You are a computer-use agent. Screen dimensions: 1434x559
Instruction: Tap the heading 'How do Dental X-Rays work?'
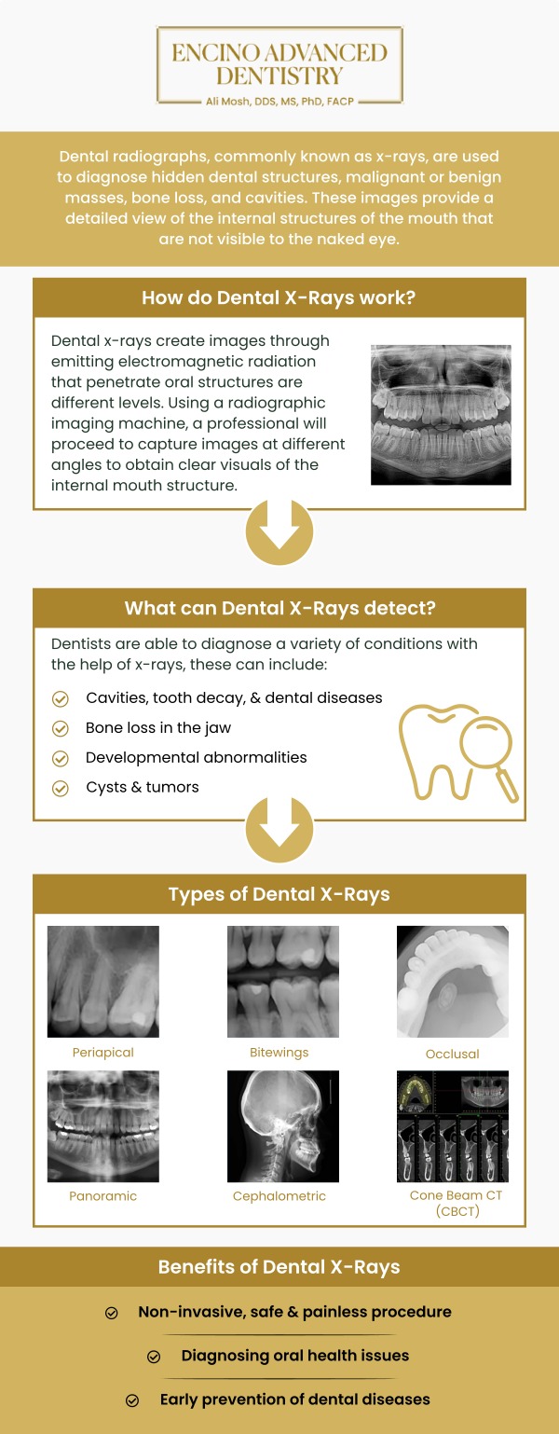[x=279, y=298]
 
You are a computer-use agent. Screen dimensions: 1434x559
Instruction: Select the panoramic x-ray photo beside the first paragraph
[x=441, y=414]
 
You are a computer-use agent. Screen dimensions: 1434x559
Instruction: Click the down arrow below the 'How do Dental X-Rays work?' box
[x=279, y=533]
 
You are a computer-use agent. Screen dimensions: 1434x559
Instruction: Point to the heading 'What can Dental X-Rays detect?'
[x=279, y=609]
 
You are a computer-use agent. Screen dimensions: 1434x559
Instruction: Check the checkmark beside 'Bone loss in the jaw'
[x=61, y=728]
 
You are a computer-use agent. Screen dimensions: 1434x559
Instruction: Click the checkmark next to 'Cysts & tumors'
[x=61, y=788]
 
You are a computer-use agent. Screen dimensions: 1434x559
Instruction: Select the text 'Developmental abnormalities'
[x=196, y=757]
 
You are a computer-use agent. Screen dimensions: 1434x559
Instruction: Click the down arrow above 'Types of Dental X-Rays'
[x=279, y=827]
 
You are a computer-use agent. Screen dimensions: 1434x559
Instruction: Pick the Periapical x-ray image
[x=103, y=981]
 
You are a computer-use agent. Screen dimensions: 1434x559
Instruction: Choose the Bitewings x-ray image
[x=283, y=981]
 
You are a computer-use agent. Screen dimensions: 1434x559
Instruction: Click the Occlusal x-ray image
[x=453, y=981]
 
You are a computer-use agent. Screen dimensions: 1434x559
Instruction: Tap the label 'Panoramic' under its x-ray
[x=102, y=1195]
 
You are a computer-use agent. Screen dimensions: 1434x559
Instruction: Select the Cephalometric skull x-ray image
[x=283, y=1126]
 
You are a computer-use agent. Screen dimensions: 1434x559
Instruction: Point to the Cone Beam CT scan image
[x=453, y=1126]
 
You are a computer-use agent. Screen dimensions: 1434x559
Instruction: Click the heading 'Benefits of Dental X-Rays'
[x=279, y=1267]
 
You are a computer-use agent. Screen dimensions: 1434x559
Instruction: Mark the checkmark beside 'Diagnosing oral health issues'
[x=154, y=1357]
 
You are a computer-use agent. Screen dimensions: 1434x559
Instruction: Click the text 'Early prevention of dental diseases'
[x=294, y=1400]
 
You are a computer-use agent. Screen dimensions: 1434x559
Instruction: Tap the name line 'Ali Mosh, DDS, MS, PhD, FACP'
[x=279, y=99]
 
